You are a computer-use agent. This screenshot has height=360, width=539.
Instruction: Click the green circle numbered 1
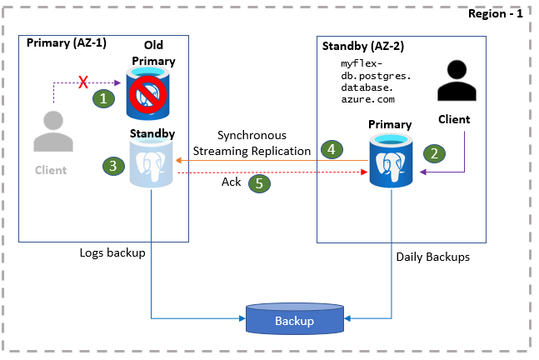[102, 97]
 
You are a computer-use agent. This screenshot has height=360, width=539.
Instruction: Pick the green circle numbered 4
[332, 149]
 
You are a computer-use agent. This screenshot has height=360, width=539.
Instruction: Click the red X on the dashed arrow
[83, 82]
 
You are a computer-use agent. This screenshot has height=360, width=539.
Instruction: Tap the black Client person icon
[455, 83]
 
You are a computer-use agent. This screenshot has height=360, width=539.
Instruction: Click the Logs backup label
[112, 252]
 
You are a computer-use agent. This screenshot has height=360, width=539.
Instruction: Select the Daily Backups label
[432, 257]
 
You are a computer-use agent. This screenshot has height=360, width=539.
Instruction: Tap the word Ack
[232, 182]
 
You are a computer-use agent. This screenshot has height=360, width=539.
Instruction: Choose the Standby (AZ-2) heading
[363, 47]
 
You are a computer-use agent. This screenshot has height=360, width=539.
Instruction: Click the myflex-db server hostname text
[372, 81]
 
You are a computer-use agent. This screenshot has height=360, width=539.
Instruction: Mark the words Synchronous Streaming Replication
[252, 142]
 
